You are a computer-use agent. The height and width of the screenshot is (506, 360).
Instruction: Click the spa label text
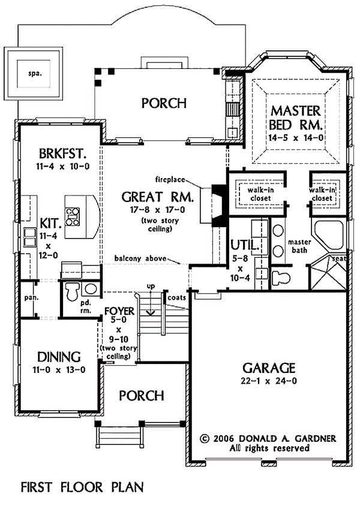point(35,73)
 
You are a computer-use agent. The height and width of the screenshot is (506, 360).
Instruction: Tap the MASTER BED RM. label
point(295,118)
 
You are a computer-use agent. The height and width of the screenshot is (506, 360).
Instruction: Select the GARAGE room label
point(269,368)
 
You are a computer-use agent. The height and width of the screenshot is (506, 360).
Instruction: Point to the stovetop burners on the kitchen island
point(73,216)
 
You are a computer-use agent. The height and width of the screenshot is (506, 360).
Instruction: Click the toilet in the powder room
point(73,291)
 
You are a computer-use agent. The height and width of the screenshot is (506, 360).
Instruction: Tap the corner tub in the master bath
point(329,235)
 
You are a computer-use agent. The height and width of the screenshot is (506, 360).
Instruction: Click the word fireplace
point(170,179)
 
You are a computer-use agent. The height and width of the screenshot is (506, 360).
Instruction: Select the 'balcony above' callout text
point(140,258)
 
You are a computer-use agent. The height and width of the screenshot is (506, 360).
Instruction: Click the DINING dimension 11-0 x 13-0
point(59,370)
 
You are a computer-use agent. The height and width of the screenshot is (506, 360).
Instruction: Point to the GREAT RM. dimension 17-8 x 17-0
point(158,210)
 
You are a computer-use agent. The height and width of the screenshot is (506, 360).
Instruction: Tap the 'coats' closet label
point(177,297)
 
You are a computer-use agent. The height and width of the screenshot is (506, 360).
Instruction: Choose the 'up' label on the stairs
point(151,286)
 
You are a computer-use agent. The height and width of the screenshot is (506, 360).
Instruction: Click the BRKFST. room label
point(62,153)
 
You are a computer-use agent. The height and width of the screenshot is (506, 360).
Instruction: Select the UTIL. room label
point(245,245)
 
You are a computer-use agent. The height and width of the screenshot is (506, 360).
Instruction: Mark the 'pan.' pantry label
point(31,298)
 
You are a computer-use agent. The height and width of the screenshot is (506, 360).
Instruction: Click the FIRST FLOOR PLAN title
point(82,487)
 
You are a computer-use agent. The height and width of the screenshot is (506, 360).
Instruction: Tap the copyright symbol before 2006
point(204,439)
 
